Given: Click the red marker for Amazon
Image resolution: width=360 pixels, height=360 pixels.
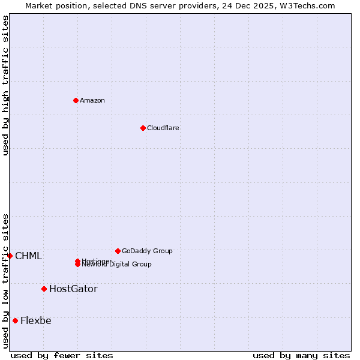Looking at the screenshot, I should pyautogui.click(x=76, y=100).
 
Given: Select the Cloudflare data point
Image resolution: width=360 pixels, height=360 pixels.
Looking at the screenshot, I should pyautogui.click(x=143, y=128).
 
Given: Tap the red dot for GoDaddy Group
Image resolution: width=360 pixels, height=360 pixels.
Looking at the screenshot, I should pyautogui.click(x=118, y=251).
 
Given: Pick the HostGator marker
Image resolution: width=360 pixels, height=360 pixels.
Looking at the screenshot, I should pyautogui.click(x=44, y=289).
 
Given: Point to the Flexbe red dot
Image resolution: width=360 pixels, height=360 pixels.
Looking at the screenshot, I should pyautogui.click(x=15, y=320).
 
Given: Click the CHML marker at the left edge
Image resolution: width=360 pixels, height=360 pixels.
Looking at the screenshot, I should pyautogui.click(x=10, y=256).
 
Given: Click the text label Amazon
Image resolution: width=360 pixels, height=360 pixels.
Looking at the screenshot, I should pyautogui.click(x=92, y=100).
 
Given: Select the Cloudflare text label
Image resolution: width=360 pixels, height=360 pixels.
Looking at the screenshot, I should pyautogui.click(x=163, y=128).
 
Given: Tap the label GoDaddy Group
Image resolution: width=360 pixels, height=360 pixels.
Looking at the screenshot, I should pyautogui.click(x=147, y=251).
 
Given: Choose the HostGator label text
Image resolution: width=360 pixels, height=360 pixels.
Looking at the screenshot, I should pyautogui.click(x=73, y=289).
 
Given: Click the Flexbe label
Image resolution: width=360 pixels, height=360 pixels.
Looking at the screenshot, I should pyautogui.click(x=36, y=320).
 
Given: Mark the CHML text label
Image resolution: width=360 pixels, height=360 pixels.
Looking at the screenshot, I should pyautogui.click(x=28, y=256).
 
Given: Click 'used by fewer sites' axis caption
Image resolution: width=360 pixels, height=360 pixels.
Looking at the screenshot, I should pyautogui.click(x=62, y=355).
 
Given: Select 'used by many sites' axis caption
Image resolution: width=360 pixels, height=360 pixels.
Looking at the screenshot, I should pyautogui.click(x=301, y=355).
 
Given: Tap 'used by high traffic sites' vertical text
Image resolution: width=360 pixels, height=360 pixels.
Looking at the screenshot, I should pyautogui.click(x=5, y=85).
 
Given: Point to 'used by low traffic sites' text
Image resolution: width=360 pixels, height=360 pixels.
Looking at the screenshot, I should pyautogui.click(x=5, y=280).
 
